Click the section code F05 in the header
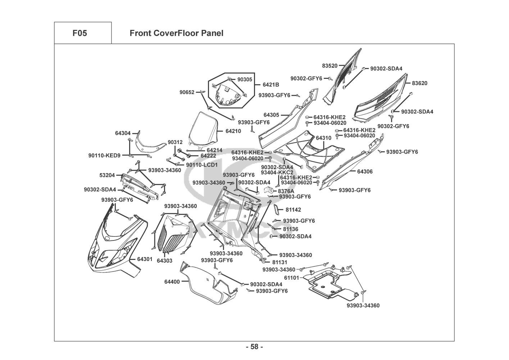pos(79,33)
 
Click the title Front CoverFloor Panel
pos(176,33)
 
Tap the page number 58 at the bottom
pos(254,347)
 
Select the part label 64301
pos(145,259)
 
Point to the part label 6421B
pos(271,85)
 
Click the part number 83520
pos(330,66)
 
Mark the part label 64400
pos(172,282)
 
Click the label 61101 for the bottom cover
pos(291,278)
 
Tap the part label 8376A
pos(286,191)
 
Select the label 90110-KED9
pos(104,156)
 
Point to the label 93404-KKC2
pos(277,172)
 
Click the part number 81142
pos(294,210)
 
